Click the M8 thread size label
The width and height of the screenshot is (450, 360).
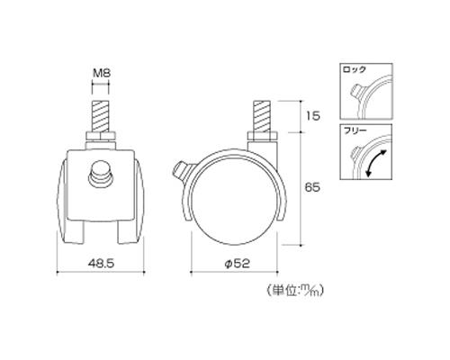click(101, 73)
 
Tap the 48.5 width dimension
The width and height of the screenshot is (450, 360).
click(102, 263)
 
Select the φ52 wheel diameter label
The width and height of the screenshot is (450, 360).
click(237, 263)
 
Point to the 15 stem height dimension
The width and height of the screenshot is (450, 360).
click(313, 116)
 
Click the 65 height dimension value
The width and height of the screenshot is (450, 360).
click(312, 188)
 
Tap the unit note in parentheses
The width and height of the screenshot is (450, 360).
click(295, 290)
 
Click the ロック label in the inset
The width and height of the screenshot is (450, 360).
click(355, 69)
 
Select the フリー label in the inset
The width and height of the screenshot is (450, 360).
click(355, 130)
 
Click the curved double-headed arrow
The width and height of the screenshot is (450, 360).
click(376, 163)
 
